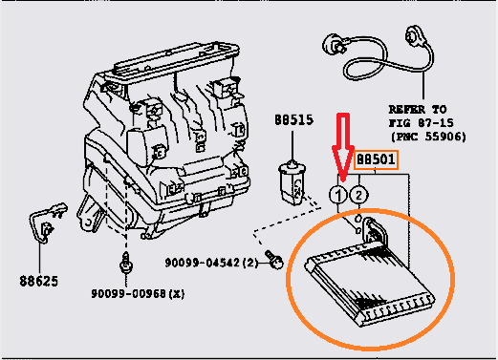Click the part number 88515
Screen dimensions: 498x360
coord(293,120)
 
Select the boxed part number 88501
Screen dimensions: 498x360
coord(376,159)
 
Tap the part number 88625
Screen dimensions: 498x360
coord(39,281)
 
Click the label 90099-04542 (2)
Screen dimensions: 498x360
coord(211,263)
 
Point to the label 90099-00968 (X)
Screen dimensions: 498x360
coord(138,293)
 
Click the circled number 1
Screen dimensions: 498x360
coord(338,195)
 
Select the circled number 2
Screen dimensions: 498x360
coord(359,195)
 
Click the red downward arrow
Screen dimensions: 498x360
coord(343,146)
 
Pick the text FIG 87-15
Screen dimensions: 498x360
coord(421,123)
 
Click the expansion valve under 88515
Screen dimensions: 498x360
coord(292,182)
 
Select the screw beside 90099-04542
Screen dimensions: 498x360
coord(274,260)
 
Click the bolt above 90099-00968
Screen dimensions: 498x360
coord(126,264)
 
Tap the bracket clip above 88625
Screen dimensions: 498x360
coord(47,222)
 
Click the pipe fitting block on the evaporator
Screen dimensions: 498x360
coord(376,231)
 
